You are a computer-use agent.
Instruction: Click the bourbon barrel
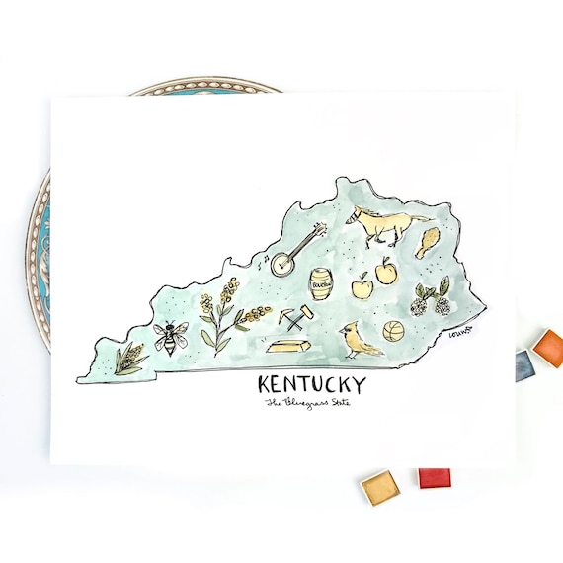[x=322, y=285]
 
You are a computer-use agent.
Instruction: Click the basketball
[x=394, y=332]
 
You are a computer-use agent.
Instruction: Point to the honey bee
[x=168, y=338]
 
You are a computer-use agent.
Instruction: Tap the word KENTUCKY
[x=310, y=383]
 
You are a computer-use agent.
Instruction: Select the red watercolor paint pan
[x=434, y=478]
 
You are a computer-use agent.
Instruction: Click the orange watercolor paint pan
[x=548, y=347]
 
